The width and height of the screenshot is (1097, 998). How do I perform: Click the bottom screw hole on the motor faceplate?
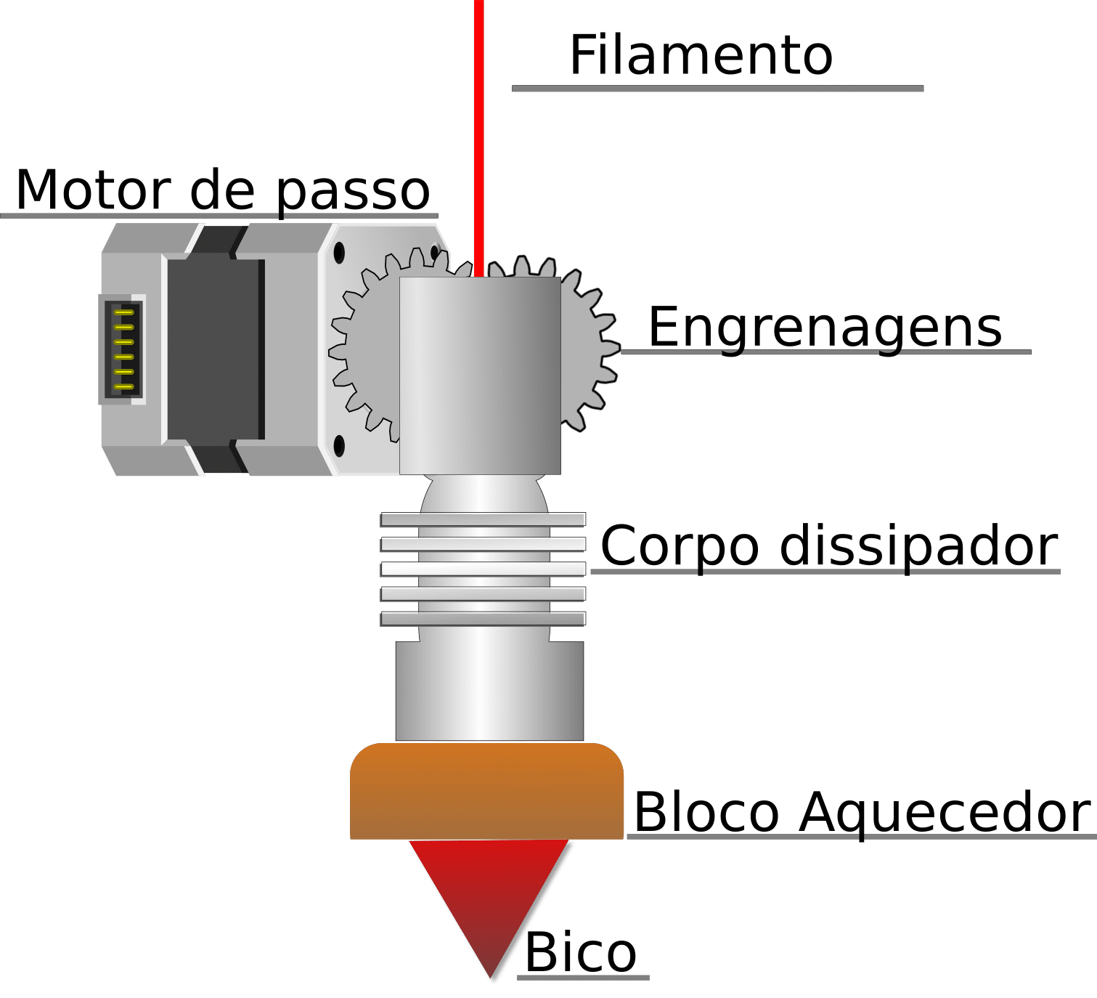click(338, 445)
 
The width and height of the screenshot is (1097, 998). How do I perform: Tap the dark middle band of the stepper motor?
click(215, 349)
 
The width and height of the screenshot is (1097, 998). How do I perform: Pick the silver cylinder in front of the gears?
click(480, 374)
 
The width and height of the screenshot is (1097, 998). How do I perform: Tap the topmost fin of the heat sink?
click(483, 519)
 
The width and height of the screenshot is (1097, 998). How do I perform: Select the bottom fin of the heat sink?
click(483, 619)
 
